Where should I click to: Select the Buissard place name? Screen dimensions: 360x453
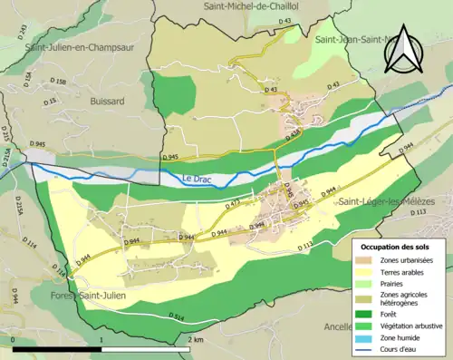(108, 102)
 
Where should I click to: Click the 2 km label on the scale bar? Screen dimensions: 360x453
(195, 339)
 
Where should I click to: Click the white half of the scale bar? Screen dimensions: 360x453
(145, 349)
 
